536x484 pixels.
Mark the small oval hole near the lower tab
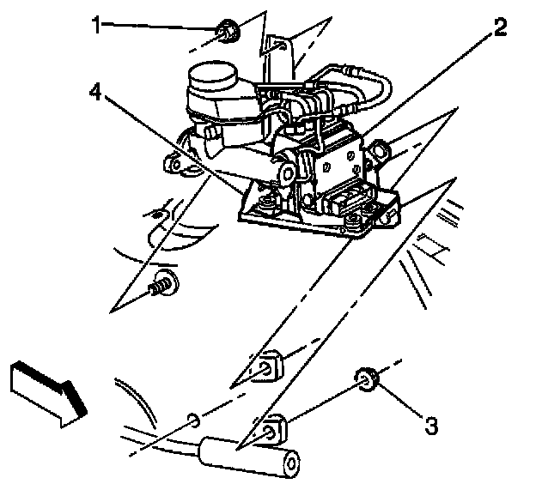195,419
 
